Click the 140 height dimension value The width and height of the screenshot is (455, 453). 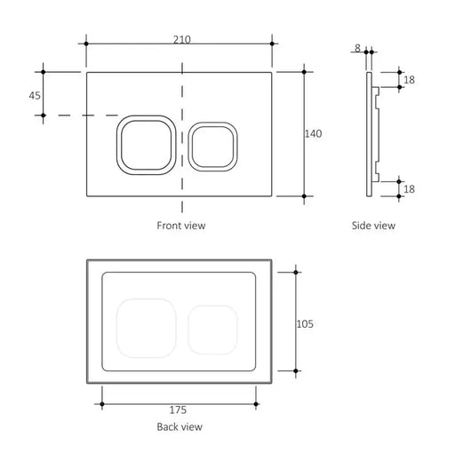(x=313, y=133)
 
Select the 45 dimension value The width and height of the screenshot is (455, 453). (x=35, y=94)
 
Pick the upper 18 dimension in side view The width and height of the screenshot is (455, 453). (x=408, y=80)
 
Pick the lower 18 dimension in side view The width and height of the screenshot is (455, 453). (x=408, y=188)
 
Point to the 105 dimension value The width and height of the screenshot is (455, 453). (x=305, y=323)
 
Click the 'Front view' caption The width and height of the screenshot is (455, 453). (x=180, y=226)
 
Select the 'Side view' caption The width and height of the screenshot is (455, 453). (x=372, y=226)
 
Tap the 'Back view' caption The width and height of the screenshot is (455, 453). (x=180, y=427)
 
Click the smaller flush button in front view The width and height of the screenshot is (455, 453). (x=213, y=144)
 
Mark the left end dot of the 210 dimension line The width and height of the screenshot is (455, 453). (x=86, y=42)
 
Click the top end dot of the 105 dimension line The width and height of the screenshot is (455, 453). (x=296, y=272)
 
